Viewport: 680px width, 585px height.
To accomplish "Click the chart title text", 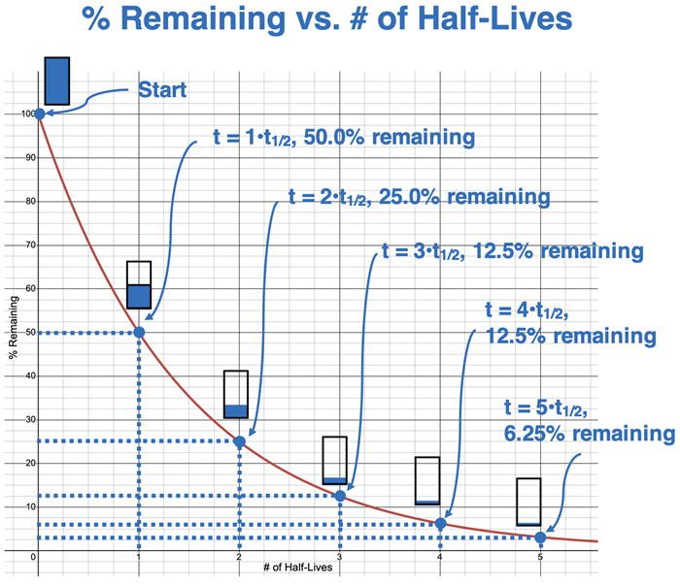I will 341,21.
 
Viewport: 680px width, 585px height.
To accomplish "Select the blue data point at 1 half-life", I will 139,333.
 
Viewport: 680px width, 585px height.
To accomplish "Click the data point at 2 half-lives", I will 240,441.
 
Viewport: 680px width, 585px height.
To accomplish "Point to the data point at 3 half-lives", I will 340,496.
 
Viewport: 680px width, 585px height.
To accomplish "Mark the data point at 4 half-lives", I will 441,524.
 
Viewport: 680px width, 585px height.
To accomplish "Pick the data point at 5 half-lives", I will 540,537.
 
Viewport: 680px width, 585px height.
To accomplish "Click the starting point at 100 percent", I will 39,114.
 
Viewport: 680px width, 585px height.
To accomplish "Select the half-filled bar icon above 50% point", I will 139,285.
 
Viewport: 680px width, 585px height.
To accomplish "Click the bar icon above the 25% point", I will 236,395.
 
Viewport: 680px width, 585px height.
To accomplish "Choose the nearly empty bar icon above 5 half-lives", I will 528,503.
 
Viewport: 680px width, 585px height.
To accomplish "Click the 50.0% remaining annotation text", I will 344,137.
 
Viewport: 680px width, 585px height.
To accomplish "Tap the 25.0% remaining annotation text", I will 420,196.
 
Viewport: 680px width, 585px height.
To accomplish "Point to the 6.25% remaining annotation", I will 588,420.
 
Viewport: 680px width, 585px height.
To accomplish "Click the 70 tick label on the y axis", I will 29,245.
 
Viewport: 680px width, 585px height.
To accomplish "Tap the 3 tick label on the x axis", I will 340,557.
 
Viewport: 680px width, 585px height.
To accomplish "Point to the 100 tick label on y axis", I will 26,114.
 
